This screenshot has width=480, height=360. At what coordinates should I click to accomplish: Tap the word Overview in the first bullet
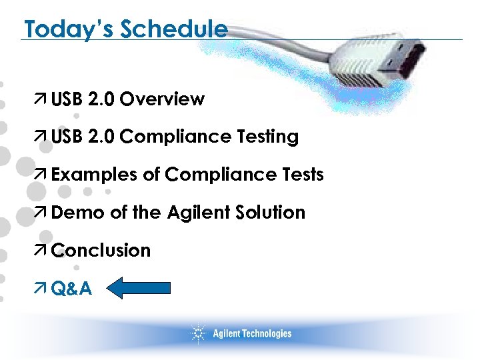[x=163, y=99]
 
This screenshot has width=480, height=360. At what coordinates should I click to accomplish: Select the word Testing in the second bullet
[x=267, y=137]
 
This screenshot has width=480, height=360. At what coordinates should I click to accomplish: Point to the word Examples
[x=95, y=175]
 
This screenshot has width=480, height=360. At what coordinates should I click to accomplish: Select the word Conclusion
[x=101, y=251]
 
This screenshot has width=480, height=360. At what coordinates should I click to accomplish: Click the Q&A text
[x=71, y=289]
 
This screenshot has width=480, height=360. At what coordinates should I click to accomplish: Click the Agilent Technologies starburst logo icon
[x=198, y=333]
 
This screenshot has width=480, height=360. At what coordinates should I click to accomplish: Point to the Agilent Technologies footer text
[x=252, y=333]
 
